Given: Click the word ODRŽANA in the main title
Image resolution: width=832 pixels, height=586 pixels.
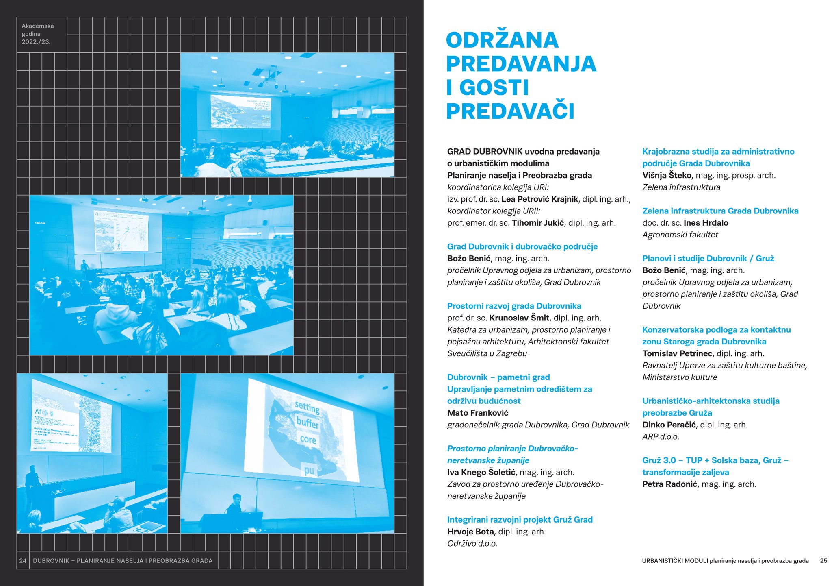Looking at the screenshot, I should (x=502, y=40).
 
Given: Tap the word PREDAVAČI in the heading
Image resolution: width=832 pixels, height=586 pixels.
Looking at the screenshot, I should (x=510, y=111).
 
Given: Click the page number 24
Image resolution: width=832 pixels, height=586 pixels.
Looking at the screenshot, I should (x=23, y=560).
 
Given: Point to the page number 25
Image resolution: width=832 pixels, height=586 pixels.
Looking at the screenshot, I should (x=823, y=560).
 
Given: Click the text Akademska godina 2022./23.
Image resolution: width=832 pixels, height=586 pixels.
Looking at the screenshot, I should (x=37, y=34).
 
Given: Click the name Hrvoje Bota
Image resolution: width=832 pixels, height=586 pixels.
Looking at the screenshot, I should (x=470, y=532).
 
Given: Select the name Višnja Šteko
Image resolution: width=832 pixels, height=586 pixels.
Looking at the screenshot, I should (x=667, y=175).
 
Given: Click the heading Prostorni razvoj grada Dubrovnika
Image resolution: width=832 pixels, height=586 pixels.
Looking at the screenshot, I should (x=514, y=306).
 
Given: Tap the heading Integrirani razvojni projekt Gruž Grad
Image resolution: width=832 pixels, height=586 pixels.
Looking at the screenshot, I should (x=520, y=519).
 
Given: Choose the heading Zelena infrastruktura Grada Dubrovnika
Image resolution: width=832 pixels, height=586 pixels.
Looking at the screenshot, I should (x=720, y=211).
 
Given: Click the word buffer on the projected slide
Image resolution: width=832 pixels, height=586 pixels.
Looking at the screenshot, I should (x=308, y=423).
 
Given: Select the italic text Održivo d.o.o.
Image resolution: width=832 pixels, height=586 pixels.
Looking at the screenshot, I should (x=472, y=543).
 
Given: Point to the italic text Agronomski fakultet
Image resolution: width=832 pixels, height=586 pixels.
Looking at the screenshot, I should (x=680, y=235).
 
